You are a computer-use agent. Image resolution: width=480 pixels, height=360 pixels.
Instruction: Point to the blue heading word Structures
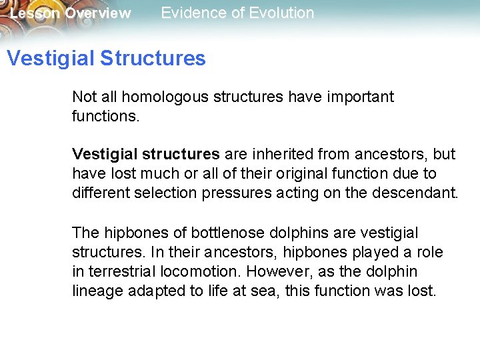coord(153,58)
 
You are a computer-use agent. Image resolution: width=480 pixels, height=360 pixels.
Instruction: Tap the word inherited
coord(284,154)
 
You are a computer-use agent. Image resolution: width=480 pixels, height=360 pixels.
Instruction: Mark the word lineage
coord(97,291)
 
